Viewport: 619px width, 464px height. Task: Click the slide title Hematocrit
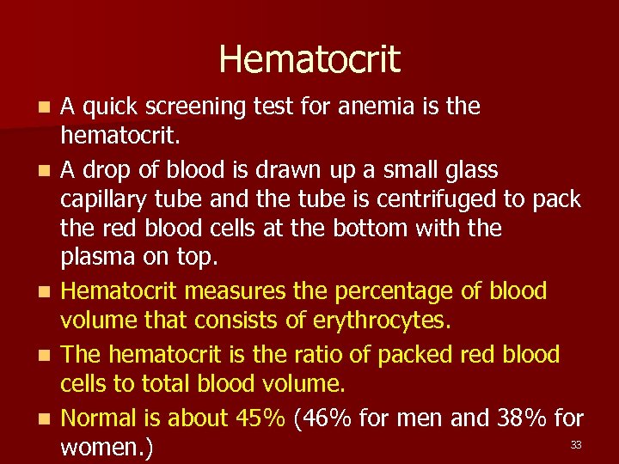pos(309,59)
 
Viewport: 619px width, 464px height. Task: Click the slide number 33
pos(575,444)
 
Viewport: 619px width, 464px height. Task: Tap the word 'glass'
pos(468,169)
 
